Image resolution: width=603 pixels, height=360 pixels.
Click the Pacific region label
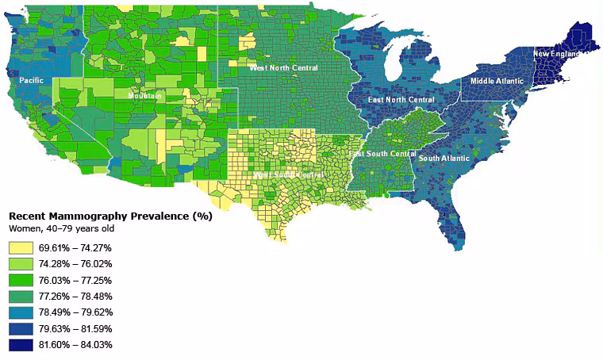point(32,80)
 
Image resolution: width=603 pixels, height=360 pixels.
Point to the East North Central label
point(401,100)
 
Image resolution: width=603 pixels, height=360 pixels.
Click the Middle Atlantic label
point(497,81)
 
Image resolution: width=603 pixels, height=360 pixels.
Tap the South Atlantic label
point(444,159)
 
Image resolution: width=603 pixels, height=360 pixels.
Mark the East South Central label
point(382,153)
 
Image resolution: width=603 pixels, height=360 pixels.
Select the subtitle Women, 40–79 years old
point(61,228)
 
